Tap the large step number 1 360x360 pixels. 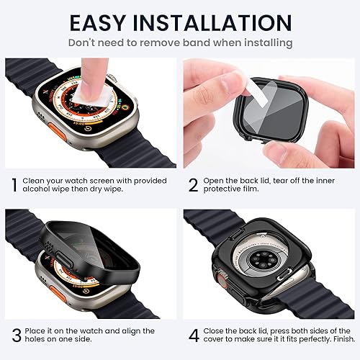[x=14, y=184]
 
